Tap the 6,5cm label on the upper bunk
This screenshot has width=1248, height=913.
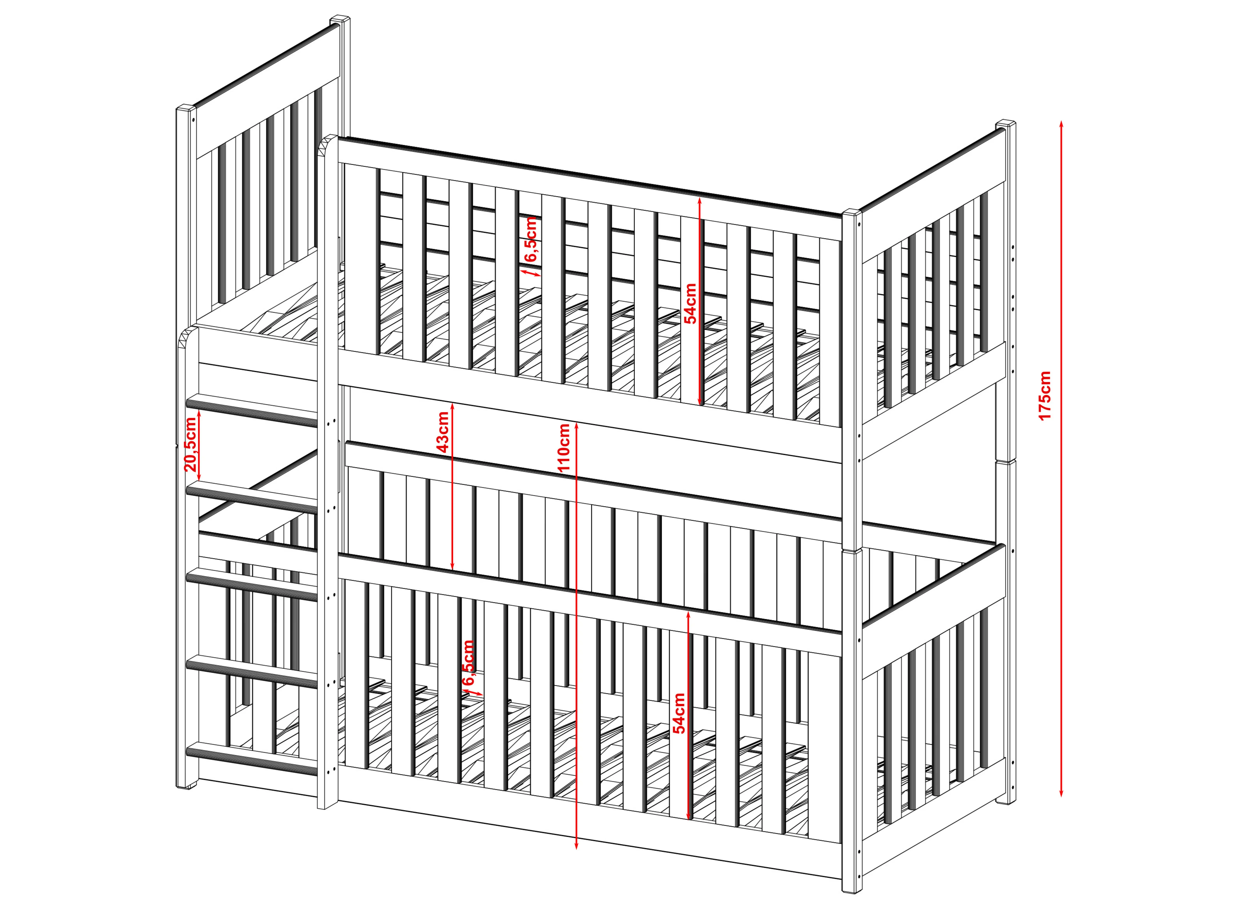coord(531,239)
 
